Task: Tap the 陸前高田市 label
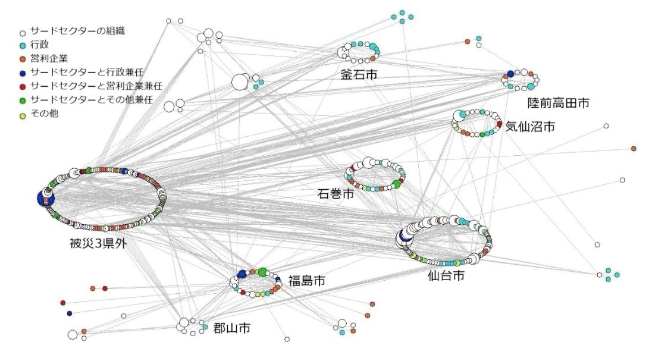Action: (x=558, y=103)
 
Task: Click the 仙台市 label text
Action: (x=446, y=276)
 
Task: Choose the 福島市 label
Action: (x=307, y=281)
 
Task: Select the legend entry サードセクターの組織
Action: (x=81, y=30)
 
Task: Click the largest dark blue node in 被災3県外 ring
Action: (x=45, y=199)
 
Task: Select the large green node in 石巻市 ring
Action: (x=397, y=184)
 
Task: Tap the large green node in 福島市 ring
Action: (x=262, y=272)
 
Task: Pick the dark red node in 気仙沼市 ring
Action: (x=499, y=124)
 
